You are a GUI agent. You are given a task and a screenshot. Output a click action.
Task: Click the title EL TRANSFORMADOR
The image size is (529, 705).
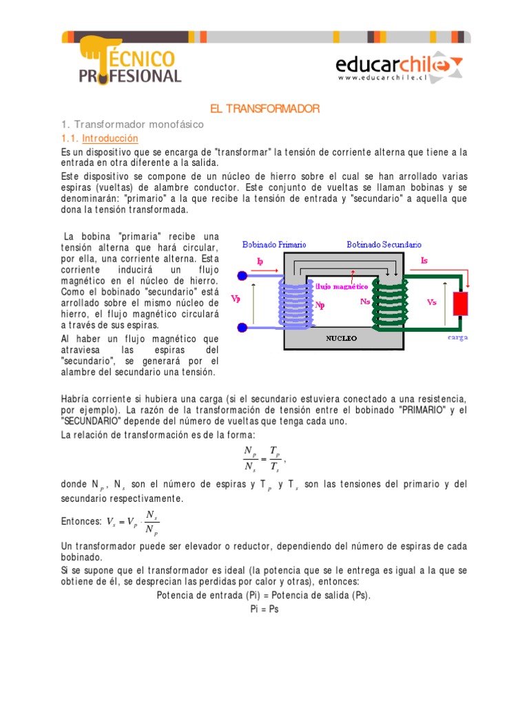point(264,109)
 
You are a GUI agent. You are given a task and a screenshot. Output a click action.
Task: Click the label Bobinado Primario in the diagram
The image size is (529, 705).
point(274,244)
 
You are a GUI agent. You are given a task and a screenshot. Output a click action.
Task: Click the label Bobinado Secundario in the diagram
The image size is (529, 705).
point(384,244)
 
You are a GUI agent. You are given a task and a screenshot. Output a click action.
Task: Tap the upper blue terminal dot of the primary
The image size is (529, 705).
point(242,275)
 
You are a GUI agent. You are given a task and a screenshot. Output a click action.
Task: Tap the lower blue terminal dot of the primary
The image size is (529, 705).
point(242,329)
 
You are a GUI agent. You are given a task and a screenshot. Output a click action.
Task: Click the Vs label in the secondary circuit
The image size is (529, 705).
point(432,302)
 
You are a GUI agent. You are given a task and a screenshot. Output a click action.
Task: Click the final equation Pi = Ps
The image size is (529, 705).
point(264,609)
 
